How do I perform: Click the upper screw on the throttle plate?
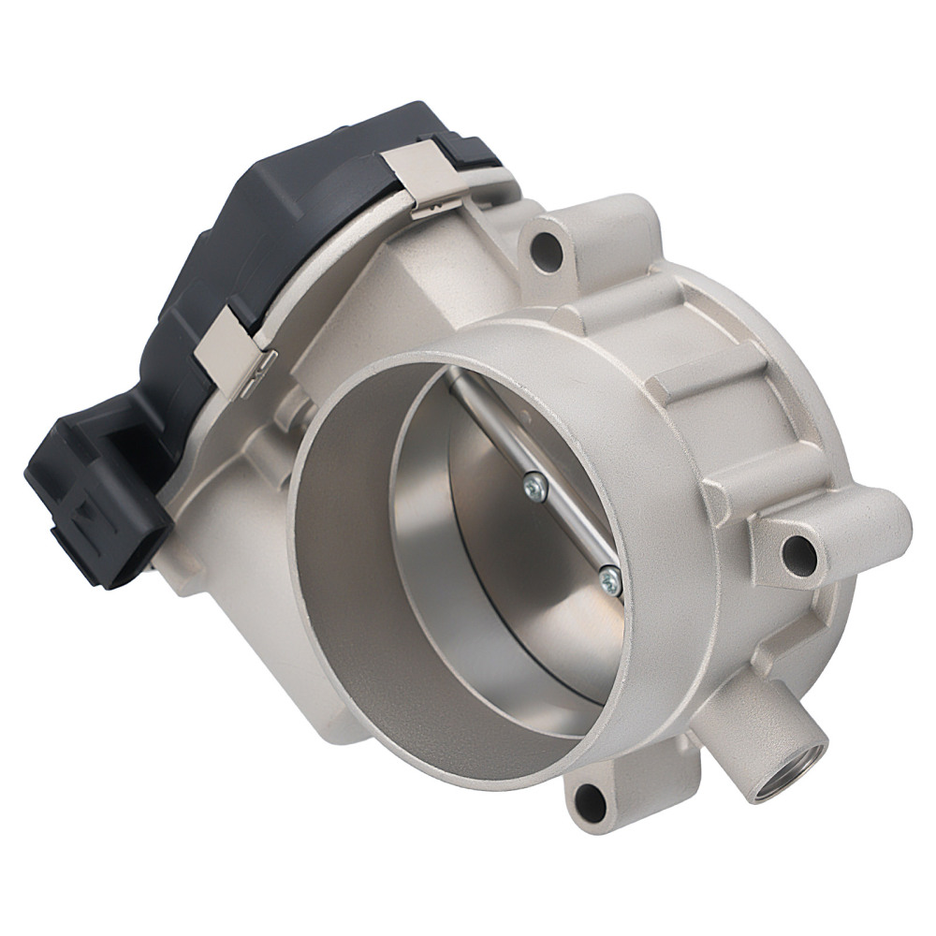(x=535, y=484)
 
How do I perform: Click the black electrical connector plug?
(x=89, y=501)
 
